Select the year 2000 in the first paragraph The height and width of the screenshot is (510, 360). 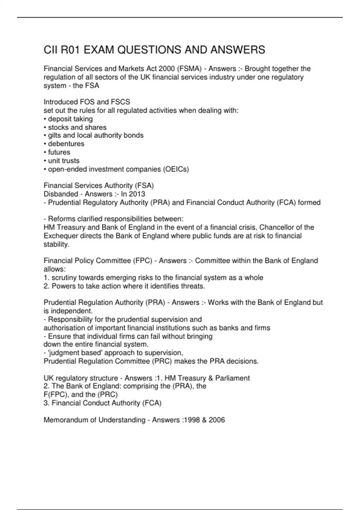pyautogui.click(x=167, y=69)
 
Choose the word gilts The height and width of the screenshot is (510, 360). pyautogui.click(x=54, y=136)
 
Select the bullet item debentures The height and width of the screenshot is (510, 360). pyautogui.click(x=66, y=144)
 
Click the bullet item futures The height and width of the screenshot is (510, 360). pyautogui.click(x=59, y=152)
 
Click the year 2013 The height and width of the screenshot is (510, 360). pyautogui.click(x=137, y=194)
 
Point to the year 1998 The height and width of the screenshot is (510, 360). pyautogui.click(x=192, y=420)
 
